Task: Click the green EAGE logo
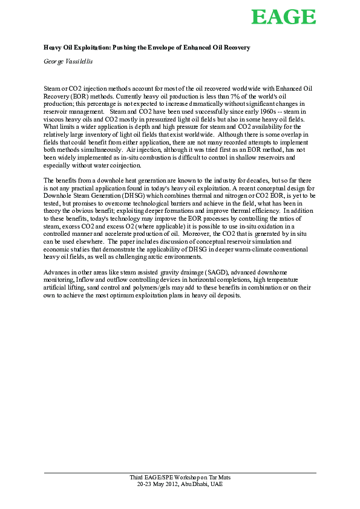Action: tap(283, 16)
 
